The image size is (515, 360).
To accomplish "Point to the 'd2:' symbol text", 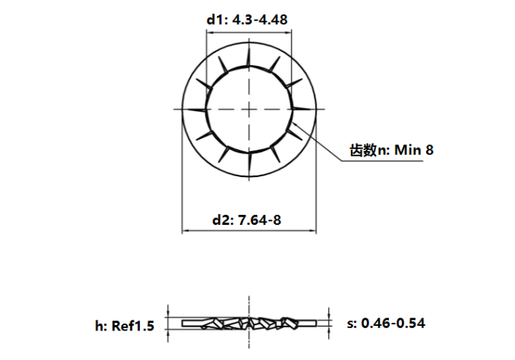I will (221, 220).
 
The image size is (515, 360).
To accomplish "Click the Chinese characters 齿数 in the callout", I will (362, 150).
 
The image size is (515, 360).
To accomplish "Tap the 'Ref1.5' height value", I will (134, 326).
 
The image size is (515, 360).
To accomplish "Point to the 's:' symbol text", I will (352, 324).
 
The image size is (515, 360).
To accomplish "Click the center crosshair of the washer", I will (249, 110).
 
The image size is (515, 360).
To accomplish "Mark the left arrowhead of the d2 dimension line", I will (185, 230).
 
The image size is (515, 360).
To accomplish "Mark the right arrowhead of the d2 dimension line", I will (313, 230).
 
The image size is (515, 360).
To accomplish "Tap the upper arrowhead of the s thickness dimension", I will (329, 315).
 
